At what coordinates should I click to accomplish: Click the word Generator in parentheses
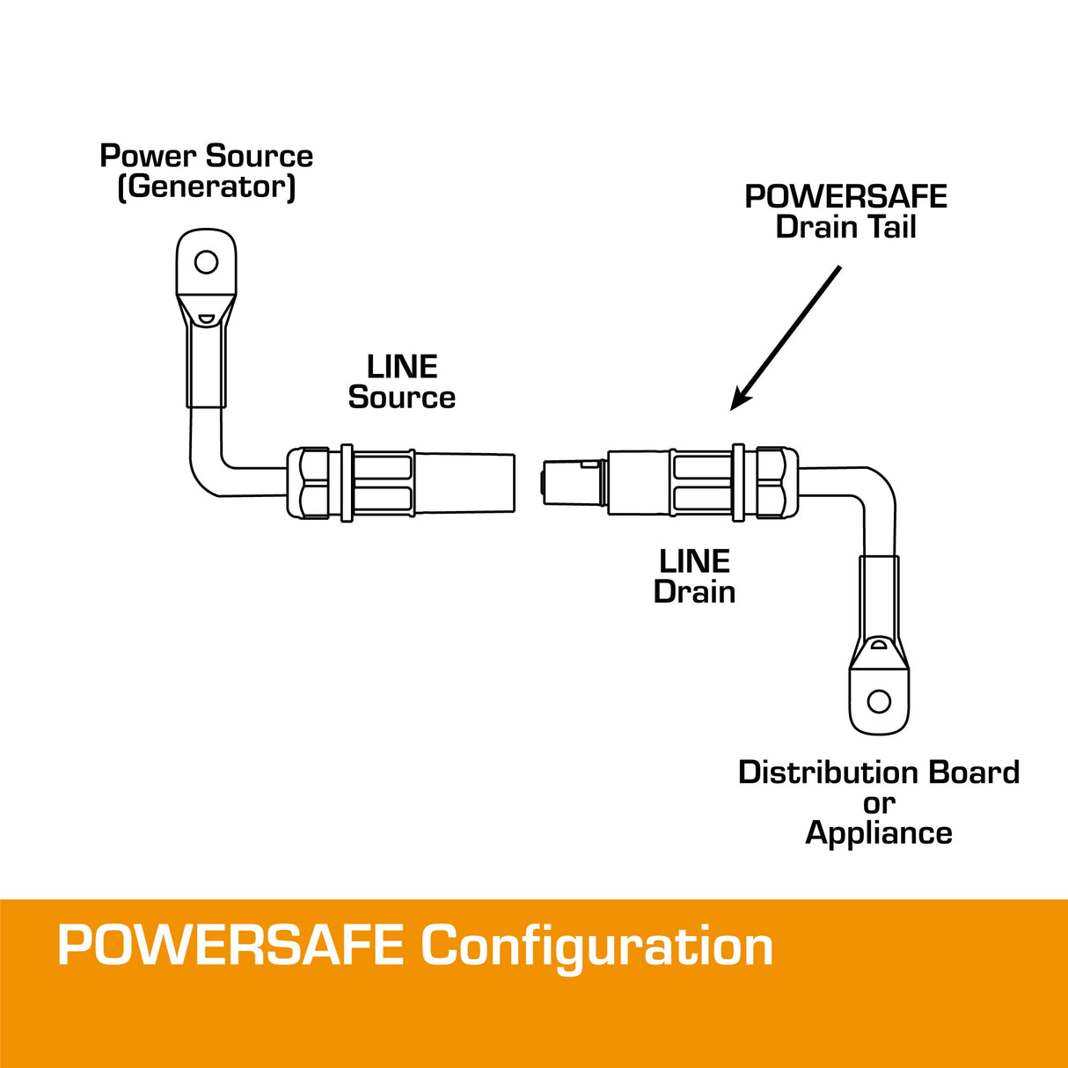pyautogui.click(x=207, y=187)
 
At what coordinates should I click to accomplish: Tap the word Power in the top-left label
pyautogui.click(x=147, y=156)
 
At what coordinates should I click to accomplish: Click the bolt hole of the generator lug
pyautogui.click(x=206, y=262)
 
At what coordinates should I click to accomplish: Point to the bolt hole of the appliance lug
pyautogui.click(x=879, y=701)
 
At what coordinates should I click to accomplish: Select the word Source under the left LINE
pyautogui.click(x=402, y=397)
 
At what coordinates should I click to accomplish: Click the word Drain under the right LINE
pyautogui.click(x=694, y=591)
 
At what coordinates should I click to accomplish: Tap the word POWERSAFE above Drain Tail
pyautogui.click(x=845, y=196)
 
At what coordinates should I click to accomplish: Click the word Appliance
pyautogui.click(x=879, y=833)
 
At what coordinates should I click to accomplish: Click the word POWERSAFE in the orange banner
pyautogui.click(x=230, y=946)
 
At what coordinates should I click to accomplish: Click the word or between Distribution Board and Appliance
pyautogui.click(x=879, y=803)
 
